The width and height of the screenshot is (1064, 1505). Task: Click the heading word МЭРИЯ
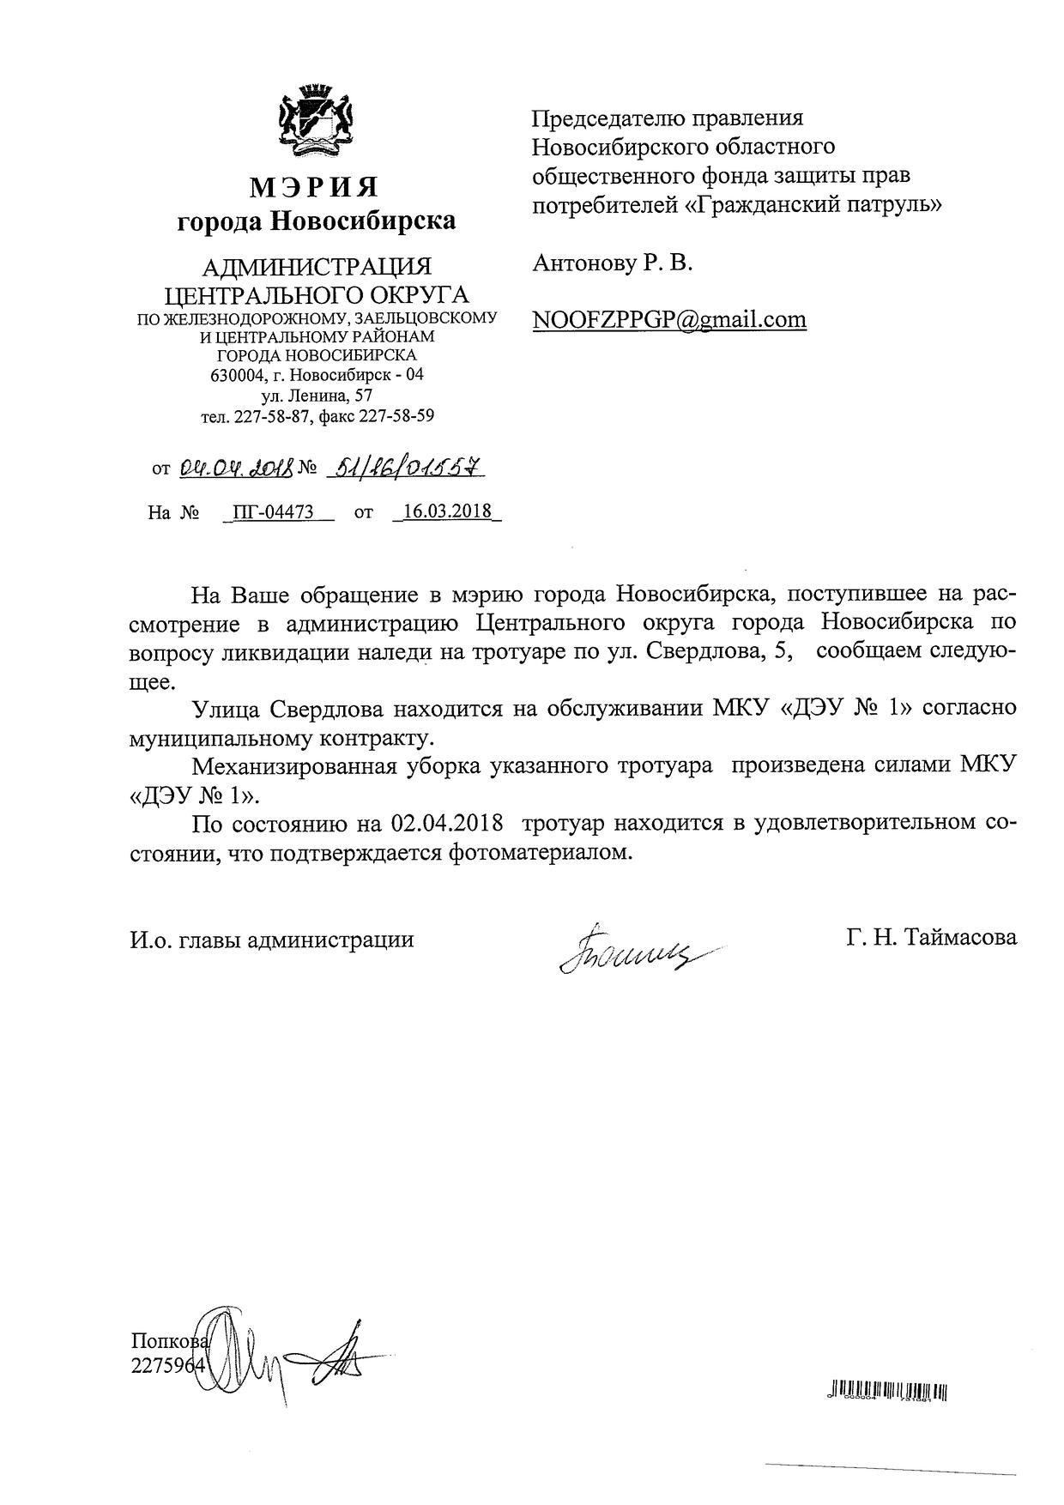(x=315, y=186)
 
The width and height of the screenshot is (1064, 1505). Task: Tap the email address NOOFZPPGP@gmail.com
(x=669, y=319)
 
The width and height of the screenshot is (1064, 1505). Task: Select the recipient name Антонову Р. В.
(x=612, y=263)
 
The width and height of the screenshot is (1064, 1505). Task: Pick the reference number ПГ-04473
(x=273, y=512)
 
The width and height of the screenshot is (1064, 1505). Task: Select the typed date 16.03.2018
(x=446, y=511)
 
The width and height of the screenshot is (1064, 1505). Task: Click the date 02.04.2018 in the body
(x=446, y=823)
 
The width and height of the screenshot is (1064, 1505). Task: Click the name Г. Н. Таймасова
(x=931, y=937)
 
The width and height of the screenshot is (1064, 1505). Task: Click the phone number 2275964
(x=168, y=1365)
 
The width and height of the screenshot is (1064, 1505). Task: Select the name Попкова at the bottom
(x=169, y=1342)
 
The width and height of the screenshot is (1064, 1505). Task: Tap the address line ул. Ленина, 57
(x=316, y=396)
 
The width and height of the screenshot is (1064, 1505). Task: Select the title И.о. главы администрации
(x=272, y=940)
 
